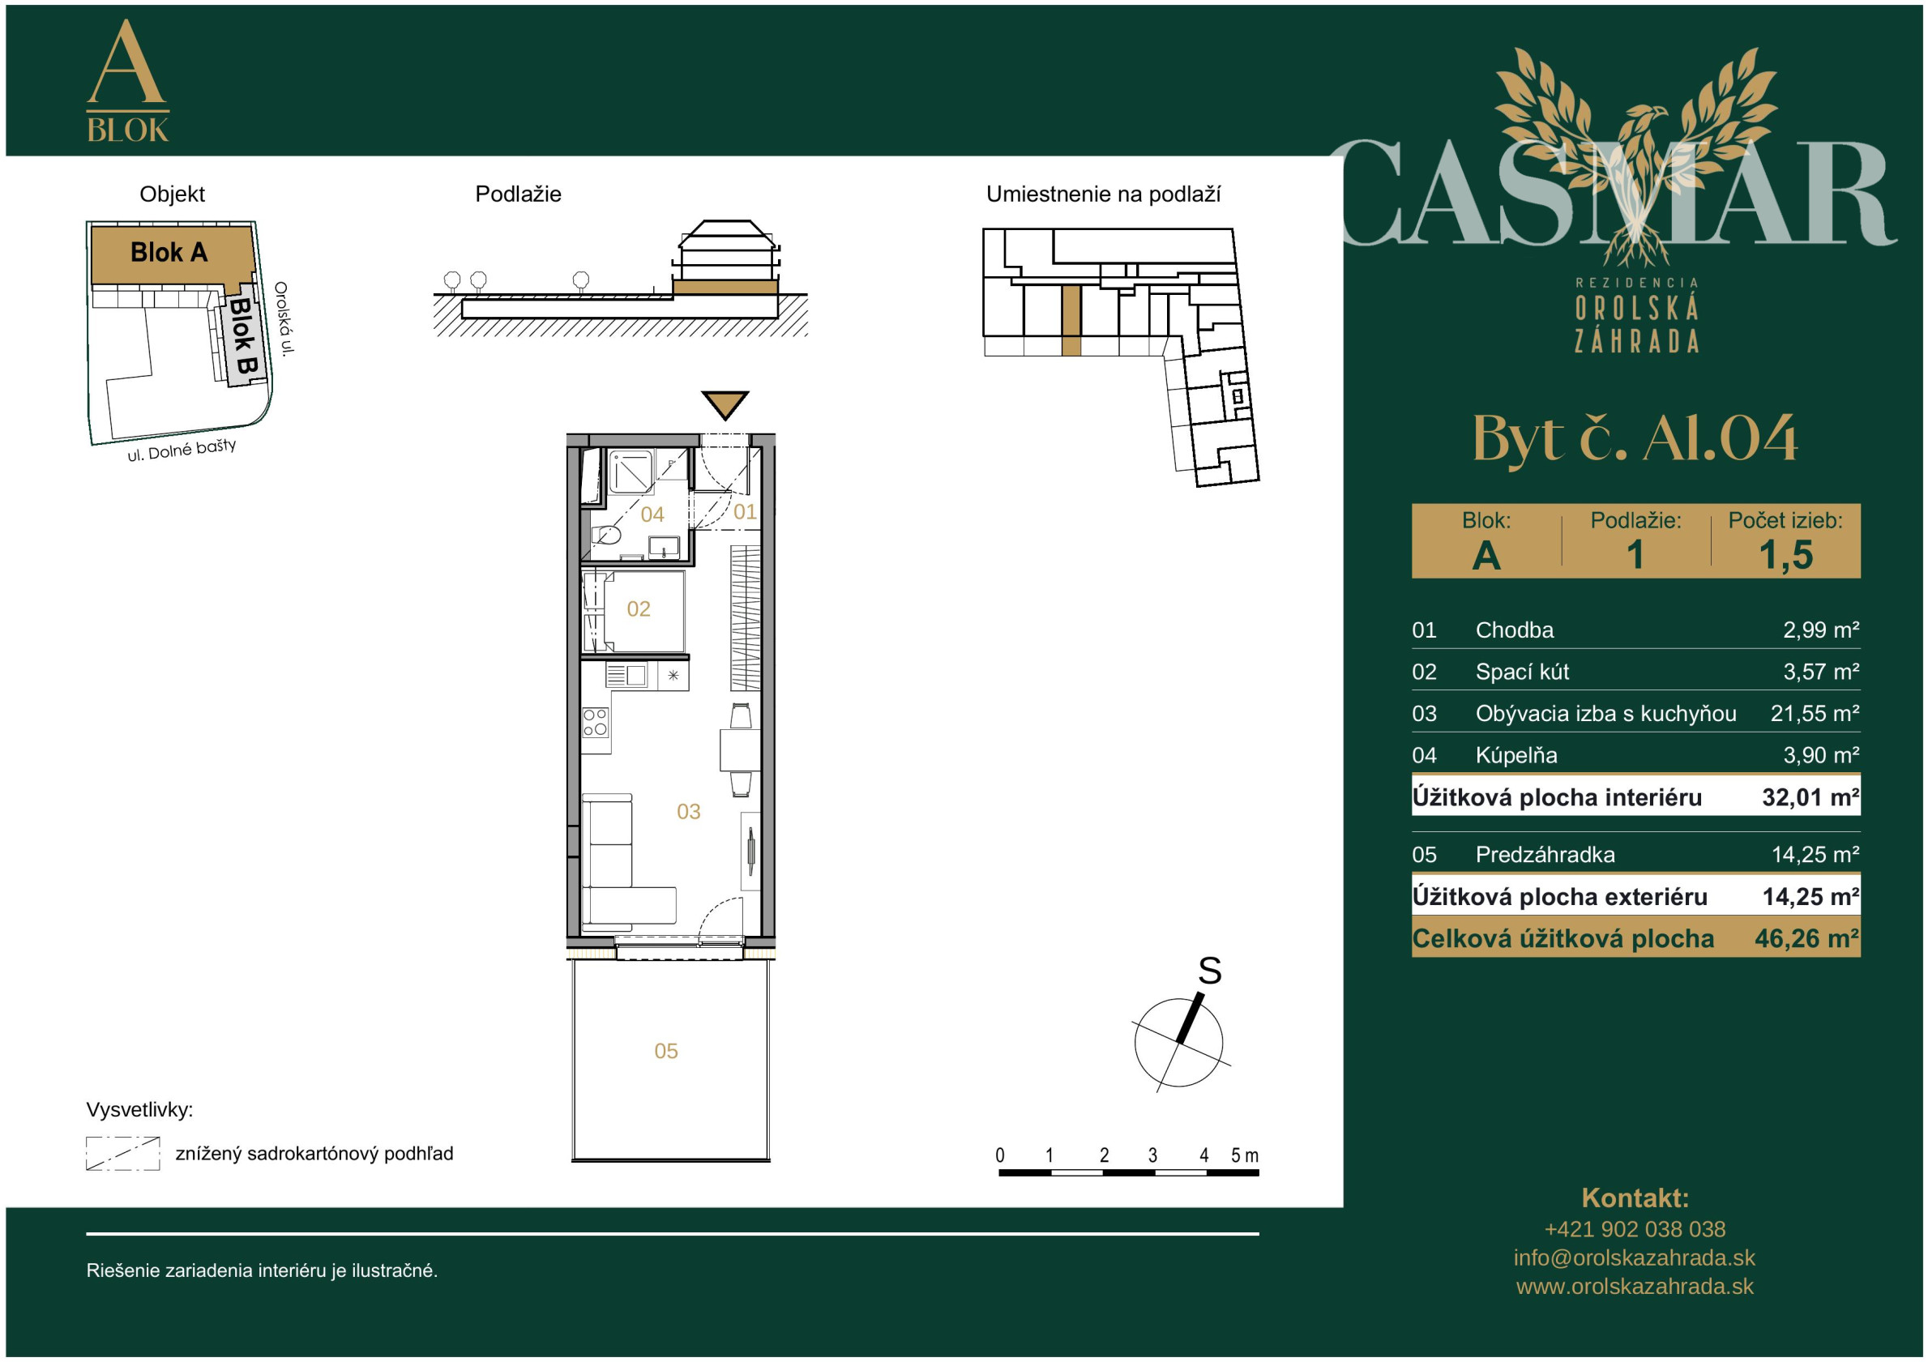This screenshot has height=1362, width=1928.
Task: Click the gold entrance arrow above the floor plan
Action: [x=725, y=403]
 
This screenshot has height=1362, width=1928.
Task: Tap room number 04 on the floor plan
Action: [x=652, y=514]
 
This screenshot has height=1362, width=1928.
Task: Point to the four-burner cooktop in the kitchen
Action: [x=596, y=722]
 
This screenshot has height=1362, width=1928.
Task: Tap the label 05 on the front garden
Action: [x=666, y=1052]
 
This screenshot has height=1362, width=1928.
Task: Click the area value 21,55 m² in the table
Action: [x=1815, y=714]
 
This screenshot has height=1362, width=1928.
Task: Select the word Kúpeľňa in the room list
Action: [x=1515, y=756]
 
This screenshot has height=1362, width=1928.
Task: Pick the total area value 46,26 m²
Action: [x=1807, y=939]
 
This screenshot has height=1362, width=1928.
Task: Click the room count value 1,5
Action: [x=1786, y=555]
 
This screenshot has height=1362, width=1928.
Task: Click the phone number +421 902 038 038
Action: [x=1635, y=1229]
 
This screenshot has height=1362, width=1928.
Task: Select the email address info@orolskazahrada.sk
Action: [x=1634, y=1257]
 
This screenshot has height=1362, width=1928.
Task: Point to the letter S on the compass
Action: [x=1209, y=971]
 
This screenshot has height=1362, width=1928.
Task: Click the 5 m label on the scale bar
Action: [x=1245, y=1155]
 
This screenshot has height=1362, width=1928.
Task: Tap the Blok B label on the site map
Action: [x=243, y=337]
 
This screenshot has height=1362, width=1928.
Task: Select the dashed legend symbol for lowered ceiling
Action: [x=122, y=1154]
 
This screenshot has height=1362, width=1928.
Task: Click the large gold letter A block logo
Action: [x=127, y=80]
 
